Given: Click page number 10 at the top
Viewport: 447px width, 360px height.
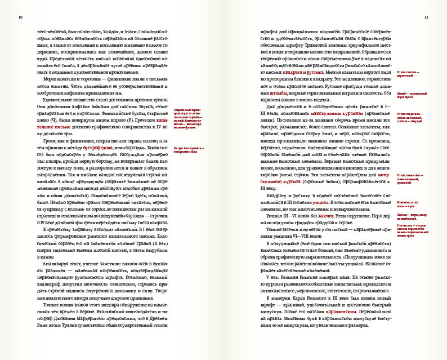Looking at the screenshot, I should (20, 17).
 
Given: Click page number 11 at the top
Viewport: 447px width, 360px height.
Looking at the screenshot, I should (426, 17).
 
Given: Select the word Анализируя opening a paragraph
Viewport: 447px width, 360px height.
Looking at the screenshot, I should (51, 262).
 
